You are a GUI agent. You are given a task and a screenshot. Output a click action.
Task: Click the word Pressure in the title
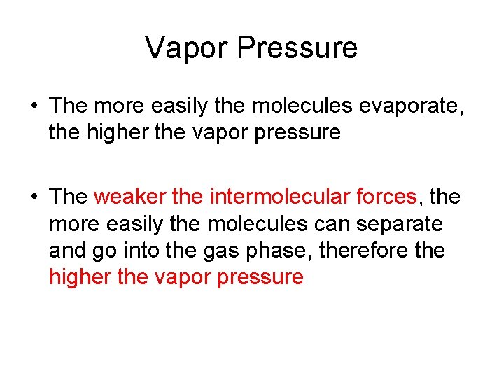pyautogui.click(x=297, y=48)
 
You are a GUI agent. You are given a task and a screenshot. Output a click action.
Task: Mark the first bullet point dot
pyautogui.click(x=34, y=106)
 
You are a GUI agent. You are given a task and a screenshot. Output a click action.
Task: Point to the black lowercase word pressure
pyautogui.click(x=297, y=133)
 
